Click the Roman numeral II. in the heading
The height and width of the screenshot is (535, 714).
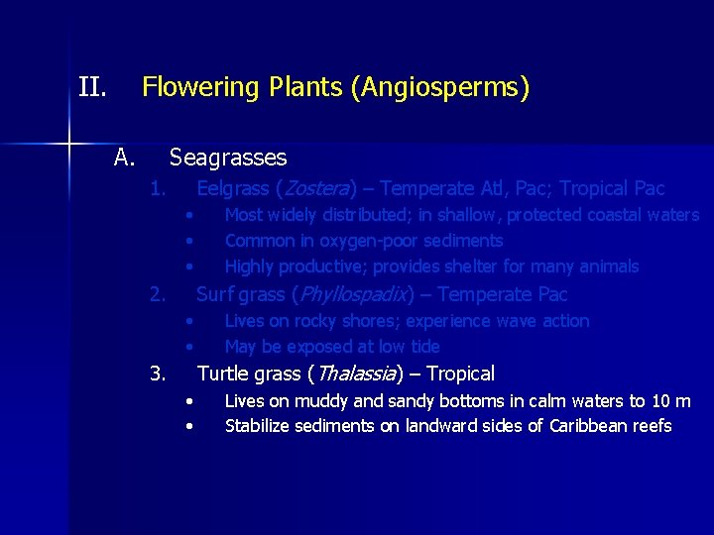(92, 88)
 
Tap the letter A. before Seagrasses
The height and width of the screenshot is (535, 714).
(124, 158)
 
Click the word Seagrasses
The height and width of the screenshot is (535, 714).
(228, 158)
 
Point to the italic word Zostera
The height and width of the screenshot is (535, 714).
(316, 188)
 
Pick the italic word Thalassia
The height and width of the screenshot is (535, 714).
(353, 374)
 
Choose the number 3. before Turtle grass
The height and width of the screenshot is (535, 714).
(157, 374)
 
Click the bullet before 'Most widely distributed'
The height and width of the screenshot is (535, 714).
(188, 215)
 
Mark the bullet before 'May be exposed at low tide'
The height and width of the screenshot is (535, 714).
(188, 347)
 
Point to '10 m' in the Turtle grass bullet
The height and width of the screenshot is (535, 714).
(671, 400)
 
